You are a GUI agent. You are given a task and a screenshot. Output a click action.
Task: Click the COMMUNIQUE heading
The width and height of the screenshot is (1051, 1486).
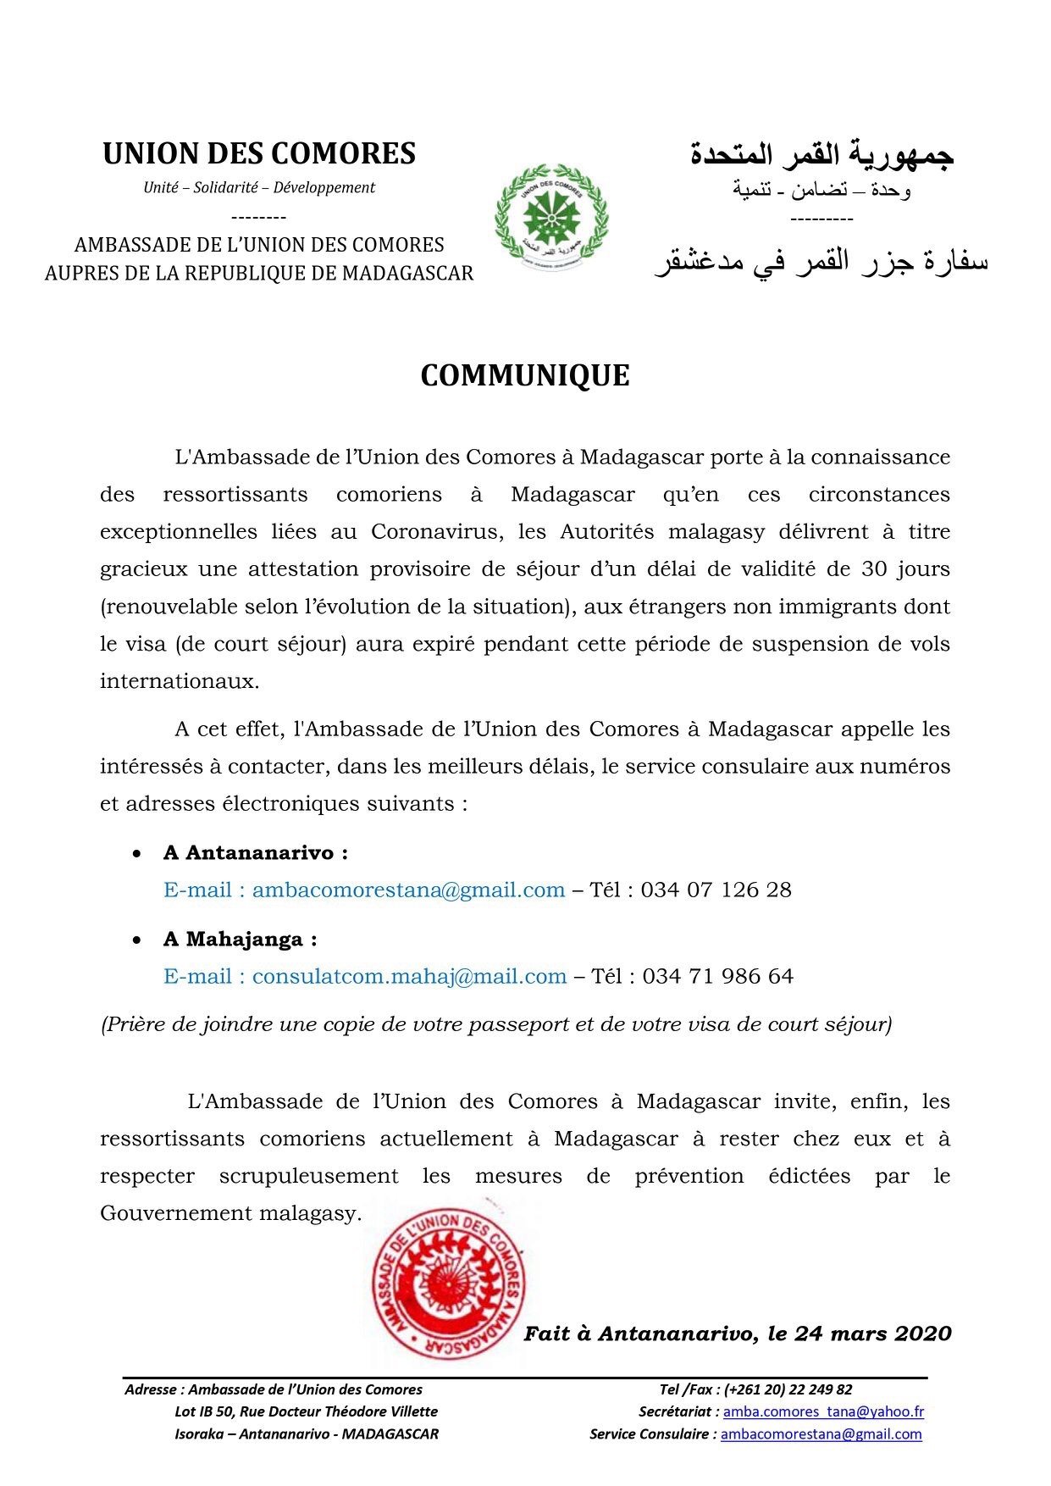pos(524,376)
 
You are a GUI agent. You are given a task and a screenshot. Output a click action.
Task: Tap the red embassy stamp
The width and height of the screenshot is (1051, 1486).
pos(450,1284)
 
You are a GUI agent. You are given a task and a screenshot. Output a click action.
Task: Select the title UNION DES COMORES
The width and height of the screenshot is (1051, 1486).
pos(259,154)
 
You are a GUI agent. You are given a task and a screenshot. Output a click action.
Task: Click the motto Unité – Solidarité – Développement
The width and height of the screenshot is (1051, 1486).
pos(259,188)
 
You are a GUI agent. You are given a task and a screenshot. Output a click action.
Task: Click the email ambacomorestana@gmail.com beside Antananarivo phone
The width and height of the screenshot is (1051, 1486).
pos(408,890)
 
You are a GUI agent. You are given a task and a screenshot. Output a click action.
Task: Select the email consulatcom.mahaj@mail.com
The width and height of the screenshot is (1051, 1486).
pos(409,977)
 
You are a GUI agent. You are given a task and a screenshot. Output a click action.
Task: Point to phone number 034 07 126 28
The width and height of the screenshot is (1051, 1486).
pos(716,890)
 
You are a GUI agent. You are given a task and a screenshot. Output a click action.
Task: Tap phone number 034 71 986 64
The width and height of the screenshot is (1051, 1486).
pos(717,977)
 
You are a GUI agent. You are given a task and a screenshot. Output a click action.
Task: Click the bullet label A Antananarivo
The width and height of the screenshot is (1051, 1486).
pos(255,853)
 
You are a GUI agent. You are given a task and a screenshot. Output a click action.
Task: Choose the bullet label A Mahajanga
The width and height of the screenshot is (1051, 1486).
pos(240,940)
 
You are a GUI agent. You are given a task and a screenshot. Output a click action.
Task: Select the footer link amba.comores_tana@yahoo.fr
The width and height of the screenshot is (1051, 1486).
pos(823,1412)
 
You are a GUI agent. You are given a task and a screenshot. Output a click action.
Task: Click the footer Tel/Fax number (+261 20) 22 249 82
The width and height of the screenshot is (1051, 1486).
pos(788,1390)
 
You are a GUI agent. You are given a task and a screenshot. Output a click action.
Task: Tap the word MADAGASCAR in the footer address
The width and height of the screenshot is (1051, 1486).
pos(390,1434)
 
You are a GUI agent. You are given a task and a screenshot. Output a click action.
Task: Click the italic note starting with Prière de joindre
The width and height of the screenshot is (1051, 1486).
pos(496,1025)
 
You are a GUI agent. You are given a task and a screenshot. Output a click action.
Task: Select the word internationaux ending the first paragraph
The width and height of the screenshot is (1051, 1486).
pos(180,681)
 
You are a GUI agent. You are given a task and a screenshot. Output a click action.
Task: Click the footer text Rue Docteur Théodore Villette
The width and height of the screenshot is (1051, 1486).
pos(339,1412)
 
